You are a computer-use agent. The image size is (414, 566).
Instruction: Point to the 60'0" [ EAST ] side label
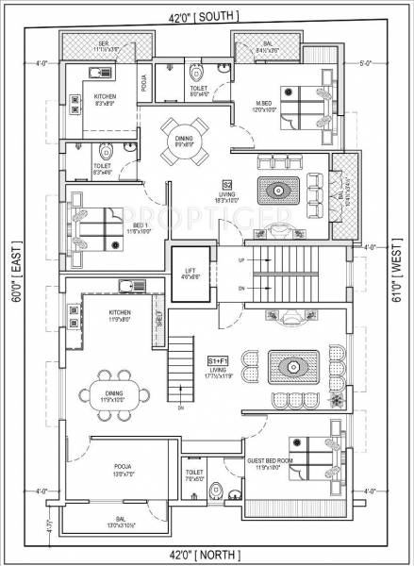click(x=17, y=283)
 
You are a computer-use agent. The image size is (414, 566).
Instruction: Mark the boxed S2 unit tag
click(x=226, y=184)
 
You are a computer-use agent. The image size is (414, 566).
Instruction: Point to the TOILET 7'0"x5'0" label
click(x=195, y=474)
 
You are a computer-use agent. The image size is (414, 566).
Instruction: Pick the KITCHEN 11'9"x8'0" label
click(x=120, y=314)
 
